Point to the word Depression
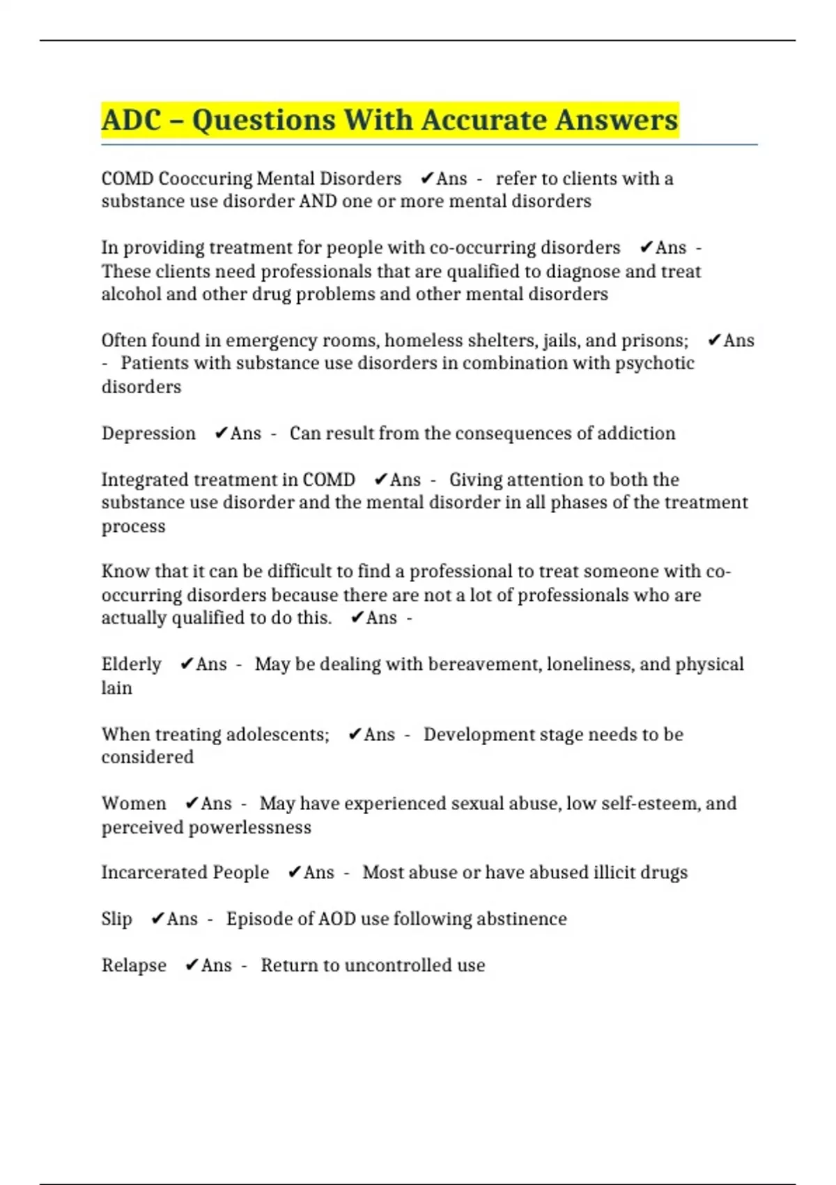[148, 434]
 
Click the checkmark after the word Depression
[221, 434]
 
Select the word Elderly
[131, 664]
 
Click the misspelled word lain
[116, 688]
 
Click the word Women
[134, 804]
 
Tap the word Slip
[116, 919]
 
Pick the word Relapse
[134, 965]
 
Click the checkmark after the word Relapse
[192, 965]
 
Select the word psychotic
[654, 363]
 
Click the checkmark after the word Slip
[157, 919]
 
